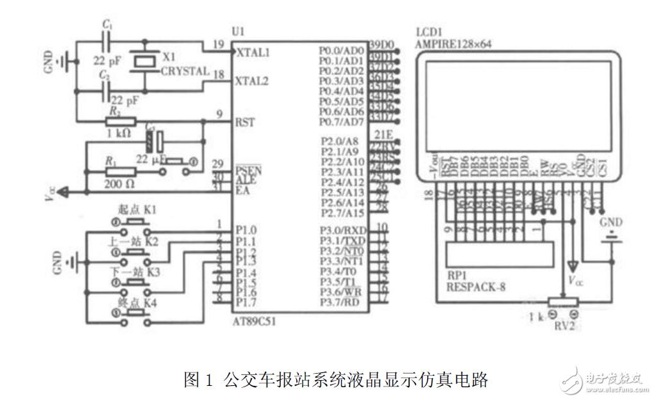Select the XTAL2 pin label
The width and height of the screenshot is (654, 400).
coord(253,81)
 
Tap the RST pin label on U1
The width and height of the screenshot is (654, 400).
coord(246,121)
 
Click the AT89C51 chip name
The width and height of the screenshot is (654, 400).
coord(255,322)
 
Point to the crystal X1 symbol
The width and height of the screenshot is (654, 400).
coord(144,62)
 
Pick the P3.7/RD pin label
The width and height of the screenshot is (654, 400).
coord(342,302)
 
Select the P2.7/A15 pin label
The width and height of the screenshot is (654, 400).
coord(342,212)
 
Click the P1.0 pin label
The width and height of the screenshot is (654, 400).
coord(246,229)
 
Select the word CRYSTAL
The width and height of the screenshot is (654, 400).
coord(184,71)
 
